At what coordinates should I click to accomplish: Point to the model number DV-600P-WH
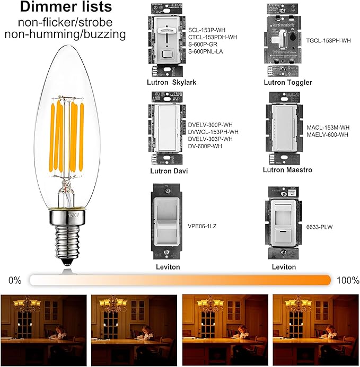[205, 146]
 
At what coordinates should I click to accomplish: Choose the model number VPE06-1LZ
[201, 226]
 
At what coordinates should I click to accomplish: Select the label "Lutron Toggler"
[287, 83]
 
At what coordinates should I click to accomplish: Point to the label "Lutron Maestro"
[287, 170]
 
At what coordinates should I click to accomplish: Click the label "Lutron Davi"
[166, 171]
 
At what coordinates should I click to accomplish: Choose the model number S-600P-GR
[205, 46]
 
